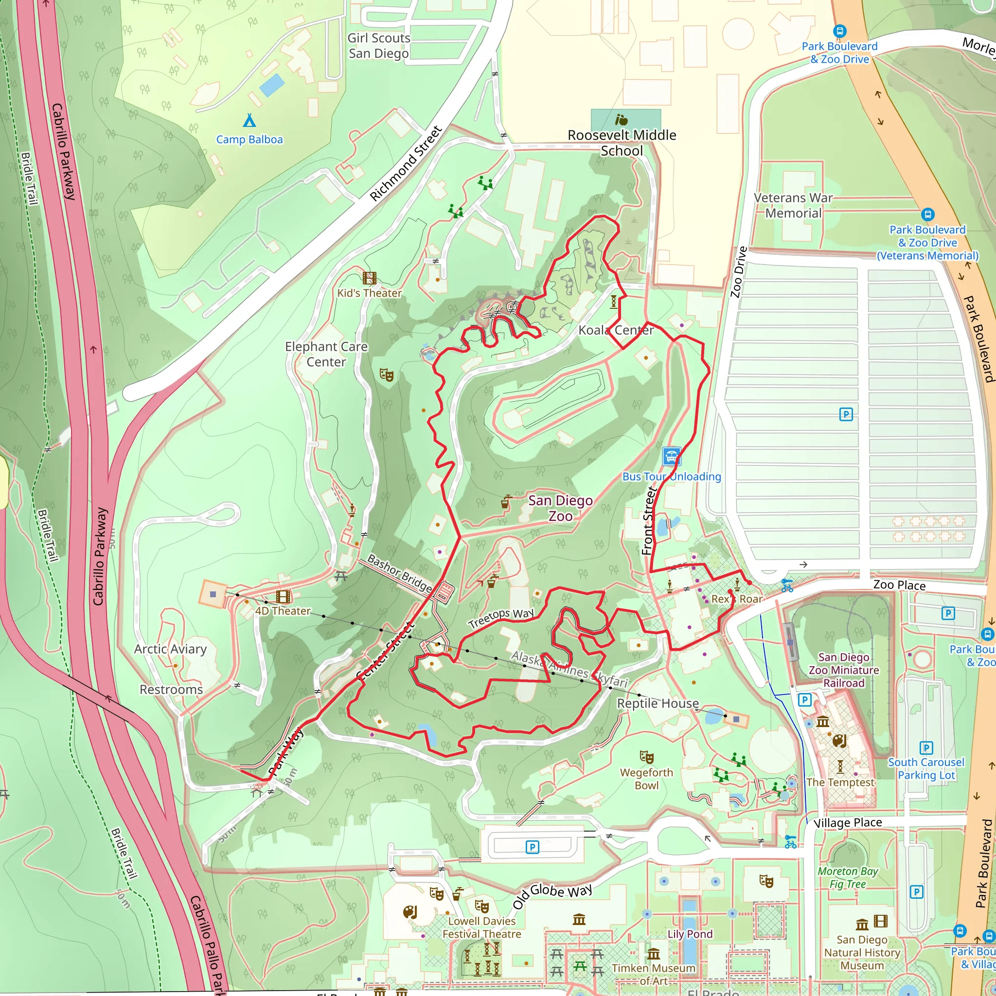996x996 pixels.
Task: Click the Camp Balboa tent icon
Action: click(x=249, y=121)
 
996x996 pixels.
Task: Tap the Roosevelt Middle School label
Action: click(x=622, y=143)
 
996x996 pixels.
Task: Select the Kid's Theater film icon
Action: click(x=369, y=278)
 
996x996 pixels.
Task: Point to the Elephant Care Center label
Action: click(x=326, y=354)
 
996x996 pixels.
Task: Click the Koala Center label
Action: click(x=616, y=330)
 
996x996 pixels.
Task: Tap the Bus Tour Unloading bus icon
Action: click(x=671, y=456)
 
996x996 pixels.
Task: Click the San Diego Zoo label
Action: click(x=560, y=508)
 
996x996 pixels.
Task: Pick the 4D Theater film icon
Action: click(x=283, y=596)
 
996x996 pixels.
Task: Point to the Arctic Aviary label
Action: click(x=170, y=649)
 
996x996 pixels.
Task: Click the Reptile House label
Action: click(x=658, y=703)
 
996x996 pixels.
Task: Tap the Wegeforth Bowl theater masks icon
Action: click(x=646, y=757)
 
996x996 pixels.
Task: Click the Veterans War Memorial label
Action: click(x=793, y=205)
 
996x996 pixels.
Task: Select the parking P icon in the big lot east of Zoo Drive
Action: click(x=846, y=414)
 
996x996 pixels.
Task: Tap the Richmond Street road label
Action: click(x=406, y=163)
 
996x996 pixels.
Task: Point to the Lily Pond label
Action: click(x=690, y=934)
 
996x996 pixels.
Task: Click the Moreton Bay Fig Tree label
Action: click(x=848, y=877)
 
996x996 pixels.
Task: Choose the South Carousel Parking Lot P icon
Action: click(x=926, y=747)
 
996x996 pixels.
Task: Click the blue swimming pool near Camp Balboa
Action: click(x=272, y=85)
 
